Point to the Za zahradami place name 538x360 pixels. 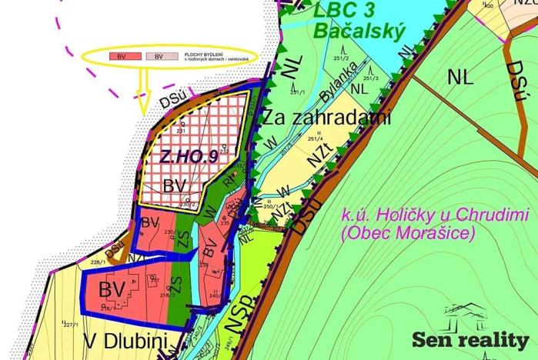click(x=327, y=118)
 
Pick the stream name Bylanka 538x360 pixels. click(x=339, y=82)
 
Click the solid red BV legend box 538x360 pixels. click(x=121, y=57)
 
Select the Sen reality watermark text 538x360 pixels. click(x=470, y=340)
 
